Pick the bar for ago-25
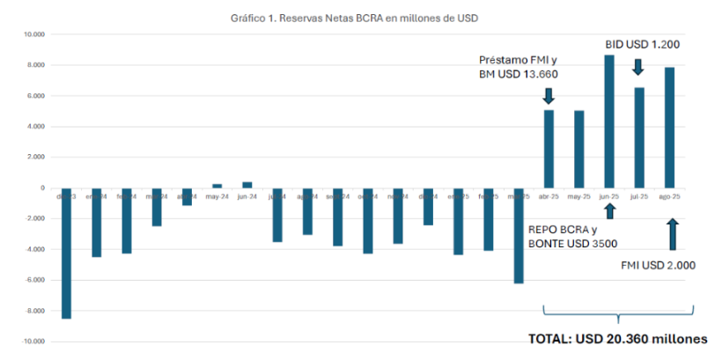pos(669,127)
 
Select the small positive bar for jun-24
pos(247,185)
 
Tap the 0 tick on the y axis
pos(41,187)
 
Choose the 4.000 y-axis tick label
pos(35,127)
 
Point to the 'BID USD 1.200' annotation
pos(642,43)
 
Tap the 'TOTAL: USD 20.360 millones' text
pos(617,338)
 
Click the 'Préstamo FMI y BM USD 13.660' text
pos(519,67)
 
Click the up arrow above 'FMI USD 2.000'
pos(673,234)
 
